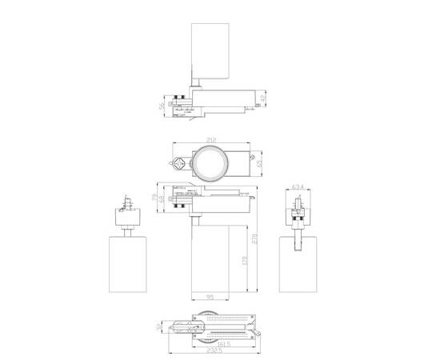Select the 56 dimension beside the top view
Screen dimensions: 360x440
coord(162,106)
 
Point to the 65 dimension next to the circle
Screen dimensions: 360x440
coord(259,163)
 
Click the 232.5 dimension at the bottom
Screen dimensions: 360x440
coord(211,352)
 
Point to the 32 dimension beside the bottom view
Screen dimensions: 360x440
coord(161,326)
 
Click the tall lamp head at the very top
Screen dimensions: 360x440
coord(212,51)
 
